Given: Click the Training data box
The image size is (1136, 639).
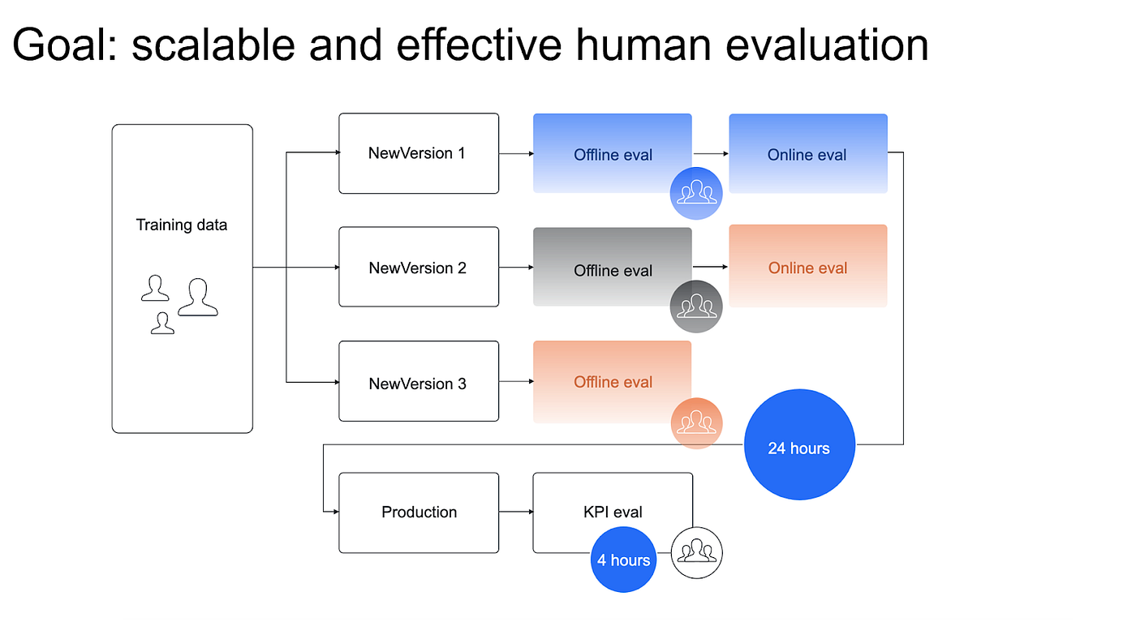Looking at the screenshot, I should click(x=182, y=278).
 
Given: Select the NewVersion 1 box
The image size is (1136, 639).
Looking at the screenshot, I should click(x=418, y=153).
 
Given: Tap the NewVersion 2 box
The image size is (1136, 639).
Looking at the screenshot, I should click(x=418, y=267).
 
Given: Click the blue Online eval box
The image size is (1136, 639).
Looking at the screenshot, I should click(x=807, y=153).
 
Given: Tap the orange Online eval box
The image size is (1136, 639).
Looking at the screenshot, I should click(x=807, y=266).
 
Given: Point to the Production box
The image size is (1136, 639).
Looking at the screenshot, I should click(x=418, y=512).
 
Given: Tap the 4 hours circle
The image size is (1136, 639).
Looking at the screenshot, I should click(x=623, y=560).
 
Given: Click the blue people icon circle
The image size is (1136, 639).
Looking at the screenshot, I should click(x=696, y=194).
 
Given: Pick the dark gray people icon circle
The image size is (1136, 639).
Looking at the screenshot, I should click(x=696, y=307).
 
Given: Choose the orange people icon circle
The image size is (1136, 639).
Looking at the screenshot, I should click(x=696, y=423).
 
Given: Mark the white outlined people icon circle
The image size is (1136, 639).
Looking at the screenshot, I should click(x=696, y=553).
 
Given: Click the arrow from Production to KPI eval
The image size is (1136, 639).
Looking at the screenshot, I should click(x=515, y=512).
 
